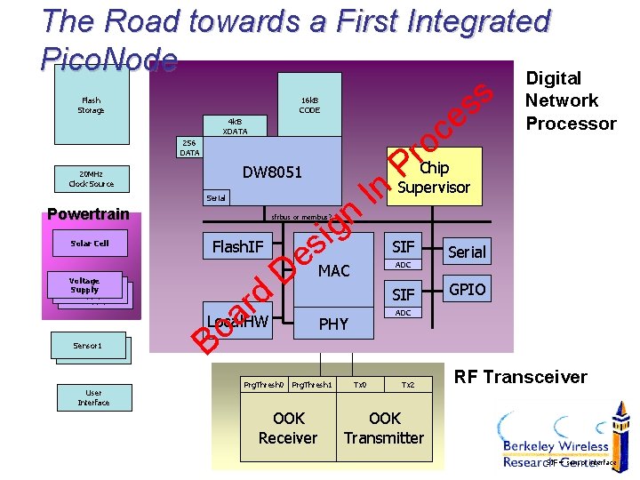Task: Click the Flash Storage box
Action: pyautogui.click(x=91, y=105)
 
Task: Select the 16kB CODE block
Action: pyautogui.click(x=309, y=105)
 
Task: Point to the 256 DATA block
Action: pyautogui.click(x=189, y=147)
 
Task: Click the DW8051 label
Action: pyautogui.click(x=273, y=172)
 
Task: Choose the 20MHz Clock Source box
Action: pyautogui.click(x=91, y=179)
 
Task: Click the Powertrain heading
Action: pyautogui.click(x=88, y=213)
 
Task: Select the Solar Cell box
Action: pyautogui.click(x=90, y=243)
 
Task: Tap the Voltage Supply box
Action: pyautogui.click(x=84, y=285)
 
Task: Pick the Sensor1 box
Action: pyautogui.click(x=88, y=345)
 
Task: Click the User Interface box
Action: pyautogui.click(x=93, y=397)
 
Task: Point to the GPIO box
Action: pyautogui.click(x=468, y=290)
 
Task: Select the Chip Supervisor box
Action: pyautogui.click(x=434, y=178)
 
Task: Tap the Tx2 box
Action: pyautogui.click(x=408, y=384)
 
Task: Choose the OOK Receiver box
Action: pyautogui.click(x=288, y=428)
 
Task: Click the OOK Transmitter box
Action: pyautogui.click(x=384, y=428)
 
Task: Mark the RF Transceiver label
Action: pyautogui.click(x=521, y=377)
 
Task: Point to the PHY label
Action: pyautogui.click(x=333, y=324)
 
